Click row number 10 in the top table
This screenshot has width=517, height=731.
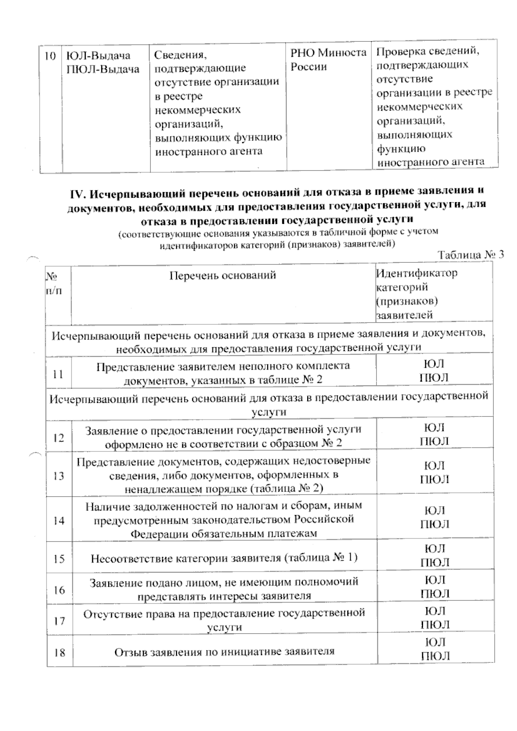coord(50,56)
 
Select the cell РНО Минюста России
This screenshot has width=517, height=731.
coord(328,59)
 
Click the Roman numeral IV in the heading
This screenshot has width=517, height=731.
coord(77,194)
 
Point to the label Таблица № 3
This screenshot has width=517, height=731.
coord(470,254)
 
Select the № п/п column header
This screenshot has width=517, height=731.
coord(53,283)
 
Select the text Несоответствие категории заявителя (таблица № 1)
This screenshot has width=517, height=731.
coord(224,558)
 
